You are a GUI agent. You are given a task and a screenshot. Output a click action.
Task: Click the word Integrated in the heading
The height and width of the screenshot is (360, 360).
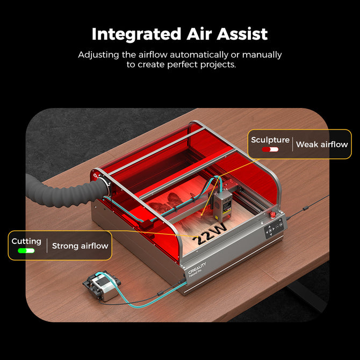pos(132,34)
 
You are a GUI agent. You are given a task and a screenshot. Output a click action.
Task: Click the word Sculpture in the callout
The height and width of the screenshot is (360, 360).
pos(270,140)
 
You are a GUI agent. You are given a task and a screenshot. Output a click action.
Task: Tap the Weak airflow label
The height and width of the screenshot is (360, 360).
pos(322,144)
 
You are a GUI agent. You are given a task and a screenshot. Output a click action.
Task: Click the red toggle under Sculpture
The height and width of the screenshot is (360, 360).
pos(270,149)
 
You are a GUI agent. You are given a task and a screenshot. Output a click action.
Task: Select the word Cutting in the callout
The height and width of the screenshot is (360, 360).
pos(26,242)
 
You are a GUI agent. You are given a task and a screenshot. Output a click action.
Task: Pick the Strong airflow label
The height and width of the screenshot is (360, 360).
pos(80,246)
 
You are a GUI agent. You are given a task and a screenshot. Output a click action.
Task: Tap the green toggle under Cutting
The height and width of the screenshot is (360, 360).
pos(26,250)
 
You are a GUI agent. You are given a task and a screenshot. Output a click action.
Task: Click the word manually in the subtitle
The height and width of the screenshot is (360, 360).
pos(262,55)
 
